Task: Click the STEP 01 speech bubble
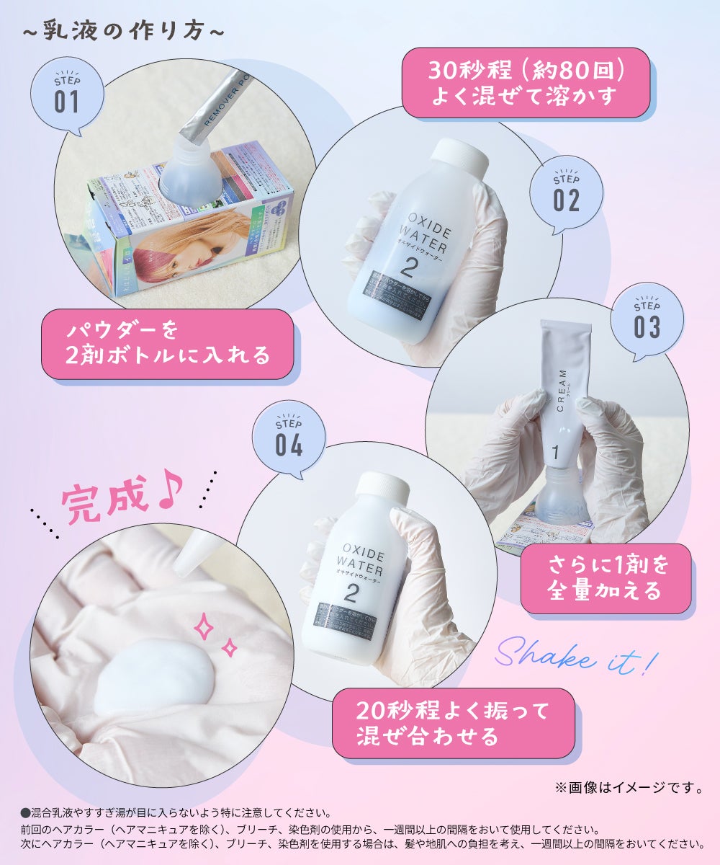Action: coord(67,96)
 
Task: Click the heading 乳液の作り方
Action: coord(120,32)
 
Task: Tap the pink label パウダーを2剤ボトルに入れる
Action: coord(167,344)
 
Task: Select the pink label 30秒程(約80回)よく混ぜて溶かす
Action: coord(526,83)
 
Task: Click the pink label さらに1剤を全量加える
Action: coord(605,578)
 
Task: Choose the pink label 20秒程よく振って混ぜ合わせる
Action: coord(453,723)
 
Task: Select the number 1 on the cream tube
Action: coord(555,453)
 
